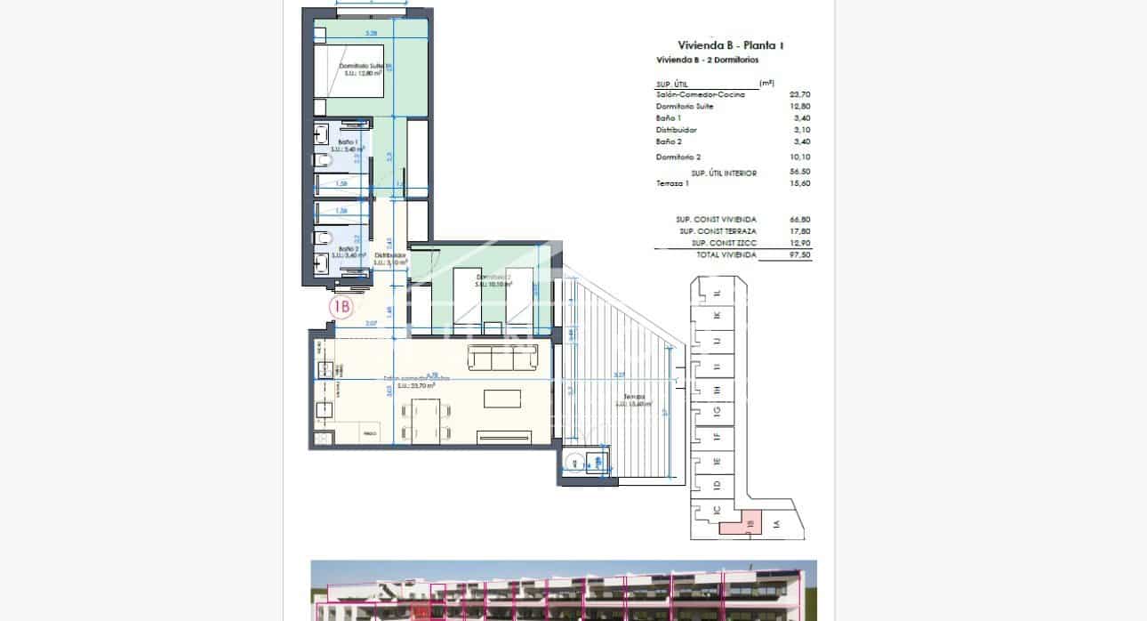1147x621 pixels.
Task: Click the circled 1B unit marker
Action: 341,307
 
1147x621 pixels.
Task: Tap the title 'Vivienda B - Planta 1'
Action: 731,45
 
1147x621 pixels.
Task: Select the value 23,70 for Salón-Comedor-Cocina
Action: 799,94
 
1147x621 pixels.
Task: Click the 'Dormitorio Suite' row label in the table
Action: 685,107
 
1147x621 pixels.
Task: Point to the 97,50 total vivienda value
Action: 799,254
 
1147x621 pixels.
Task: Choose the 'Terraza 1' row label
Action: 672,183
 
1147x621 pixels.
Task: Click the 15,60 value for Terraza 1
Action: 799,183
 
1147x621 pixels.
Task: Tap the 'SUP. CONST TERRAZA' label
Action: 716,231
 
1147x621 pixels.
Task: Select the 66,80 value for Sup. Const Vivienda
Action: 799,219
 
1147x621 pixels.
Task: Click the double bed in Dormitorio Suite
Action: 349,70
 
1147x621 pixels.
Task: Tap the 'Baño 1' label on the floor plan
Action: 347,142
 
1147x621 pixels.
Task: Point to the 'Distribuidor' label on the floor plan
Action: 389,255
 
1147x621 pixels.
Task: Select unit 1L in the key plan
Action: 717,293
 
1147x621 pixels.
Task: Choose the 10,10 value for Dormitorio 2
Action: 799,157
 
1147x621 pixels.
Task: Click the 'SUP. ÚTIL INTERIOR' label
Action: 724,173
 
